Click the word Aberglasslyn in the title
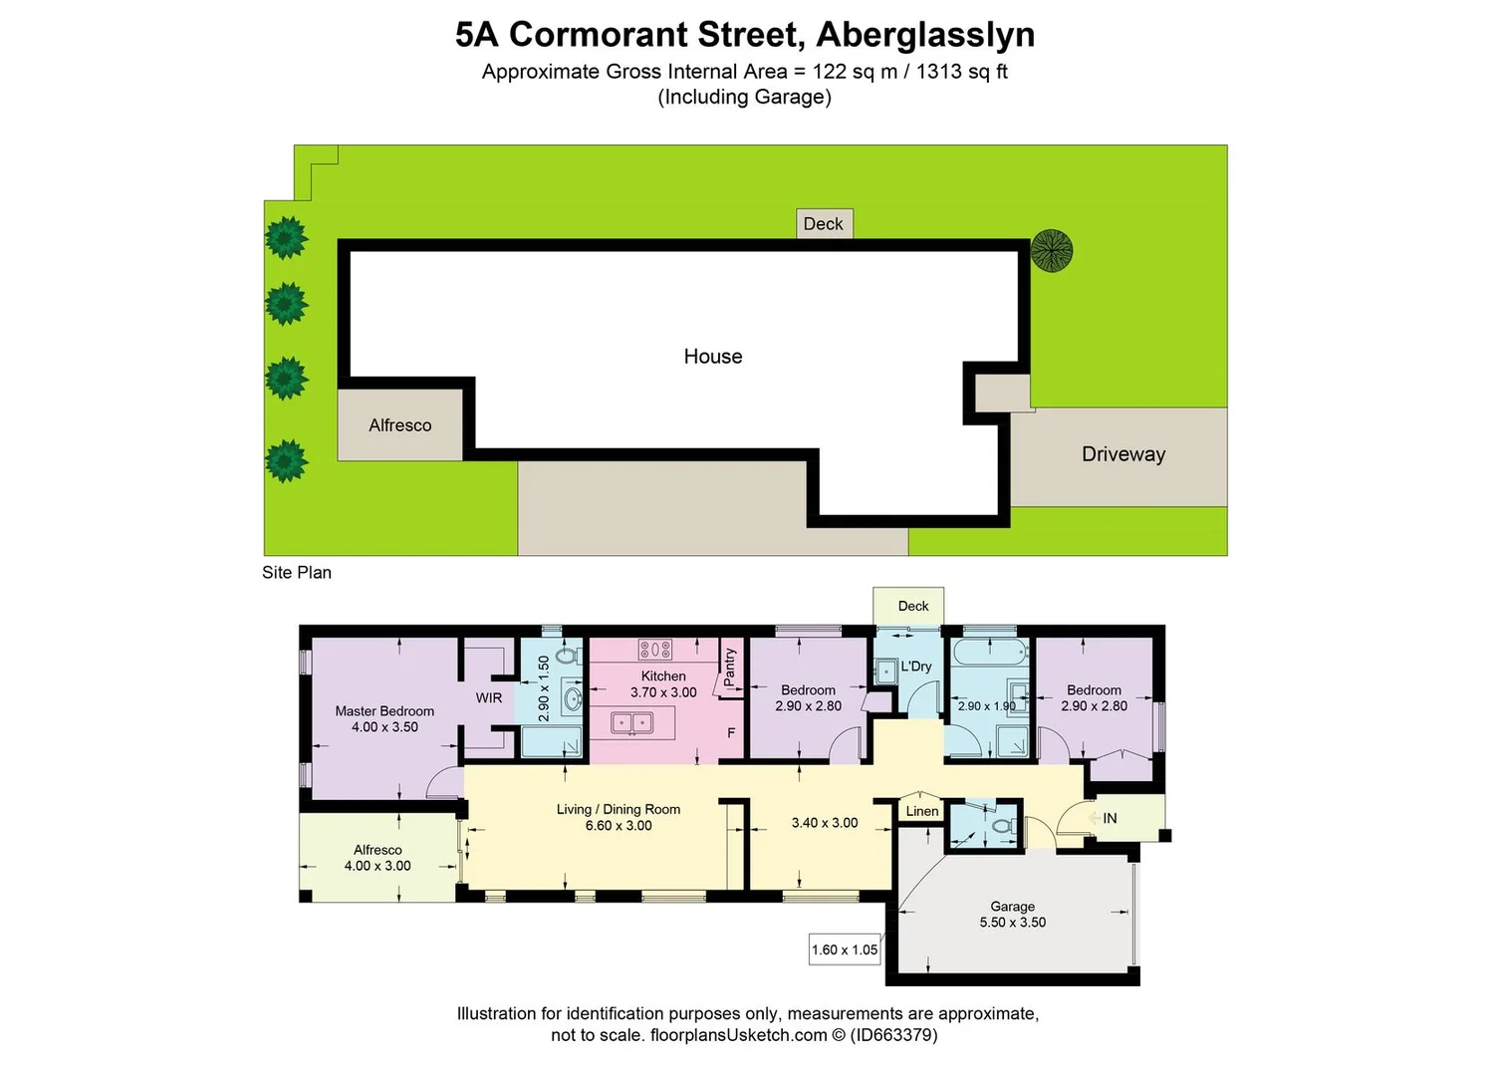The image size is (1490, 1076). pos(925,35)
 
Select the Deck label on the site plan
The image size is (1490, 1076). pos(823,224)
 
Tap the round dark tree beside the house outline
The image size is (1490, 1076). pos(1051,250)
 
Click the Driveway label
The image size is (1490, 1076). pos(1122,454)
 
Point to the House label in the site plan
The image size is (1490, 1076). pos(712,357)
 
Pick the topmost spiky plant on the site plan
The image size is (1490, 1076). pos(287,238)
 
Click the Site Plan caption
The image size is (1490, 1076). pos(297,573)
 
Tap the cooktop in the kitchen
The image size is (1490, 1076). pos(654,650)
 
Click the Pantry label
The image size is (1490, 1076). pos(730,667)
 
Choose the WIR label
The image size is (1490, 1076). pos(488,698)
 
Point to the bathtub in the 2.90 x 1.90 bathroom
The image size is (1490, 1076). pos(989,654)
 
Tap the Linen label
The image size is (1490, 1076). pos(921,811)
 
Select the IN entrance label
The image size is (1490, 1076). pos(1109,818)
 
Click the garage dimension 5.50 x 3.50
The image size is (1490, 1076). pos(1012,923)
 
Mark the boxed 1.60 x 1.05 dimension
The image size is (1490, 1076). pos(844,950)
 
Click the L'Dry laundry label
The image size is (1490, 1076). pos(915,667)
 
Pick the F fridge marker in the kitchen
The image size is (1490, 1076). pos(731,733)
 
